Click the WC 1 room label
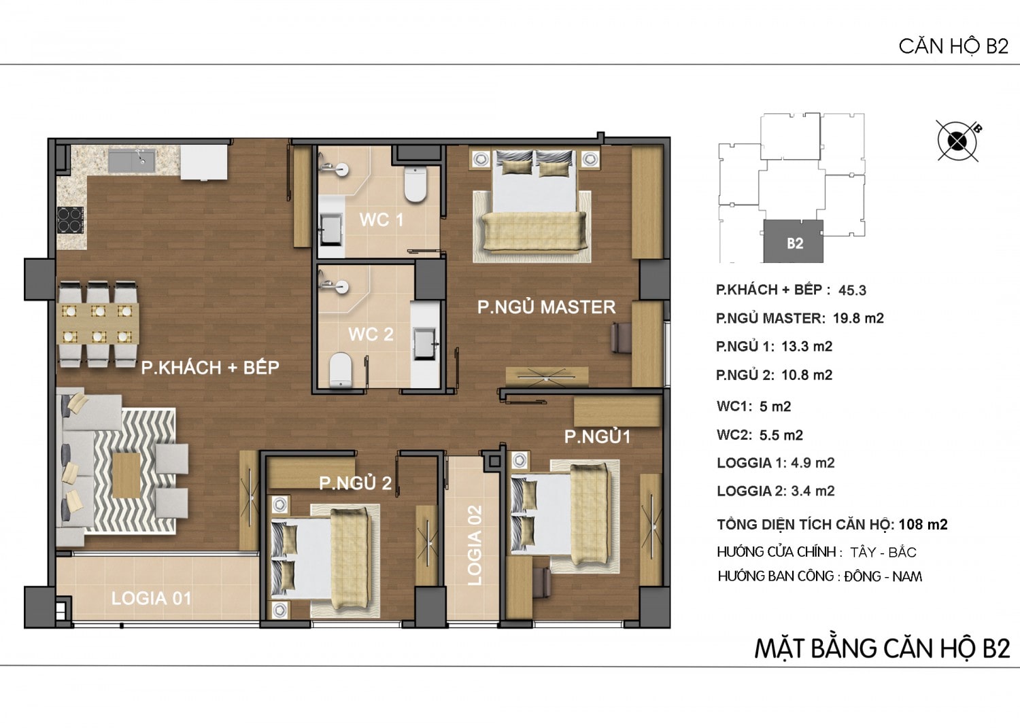pos(381,220)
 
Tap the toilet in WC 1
pos(415,184)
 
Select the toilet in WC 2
pos(341,370)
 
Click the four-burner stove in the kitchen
pos(70,220)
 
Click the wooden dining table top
pos(99,324)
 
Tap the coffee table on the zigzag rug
pos(126,475)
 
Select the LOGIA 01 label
pos(151,598)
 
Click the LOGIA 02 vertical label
pos(475,545)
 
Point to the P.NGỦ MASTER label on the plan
pos(547,307)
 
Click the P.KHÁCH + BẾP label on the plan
pos(210,368)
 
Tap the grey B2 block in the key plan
pos(794,241)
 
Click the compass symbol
pos(957,141)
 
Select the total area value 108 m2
pos(923,525)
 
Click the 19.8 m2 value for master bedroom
pos(858,318)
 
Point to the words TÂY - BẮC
pos(883,552)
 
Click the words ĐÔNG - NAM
pos(883,577)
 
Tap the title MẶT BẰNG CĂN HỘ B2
pos(883,648)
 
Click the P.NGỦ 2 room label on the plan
pos(355,483)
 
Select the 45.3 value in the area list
pos(852,290)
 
